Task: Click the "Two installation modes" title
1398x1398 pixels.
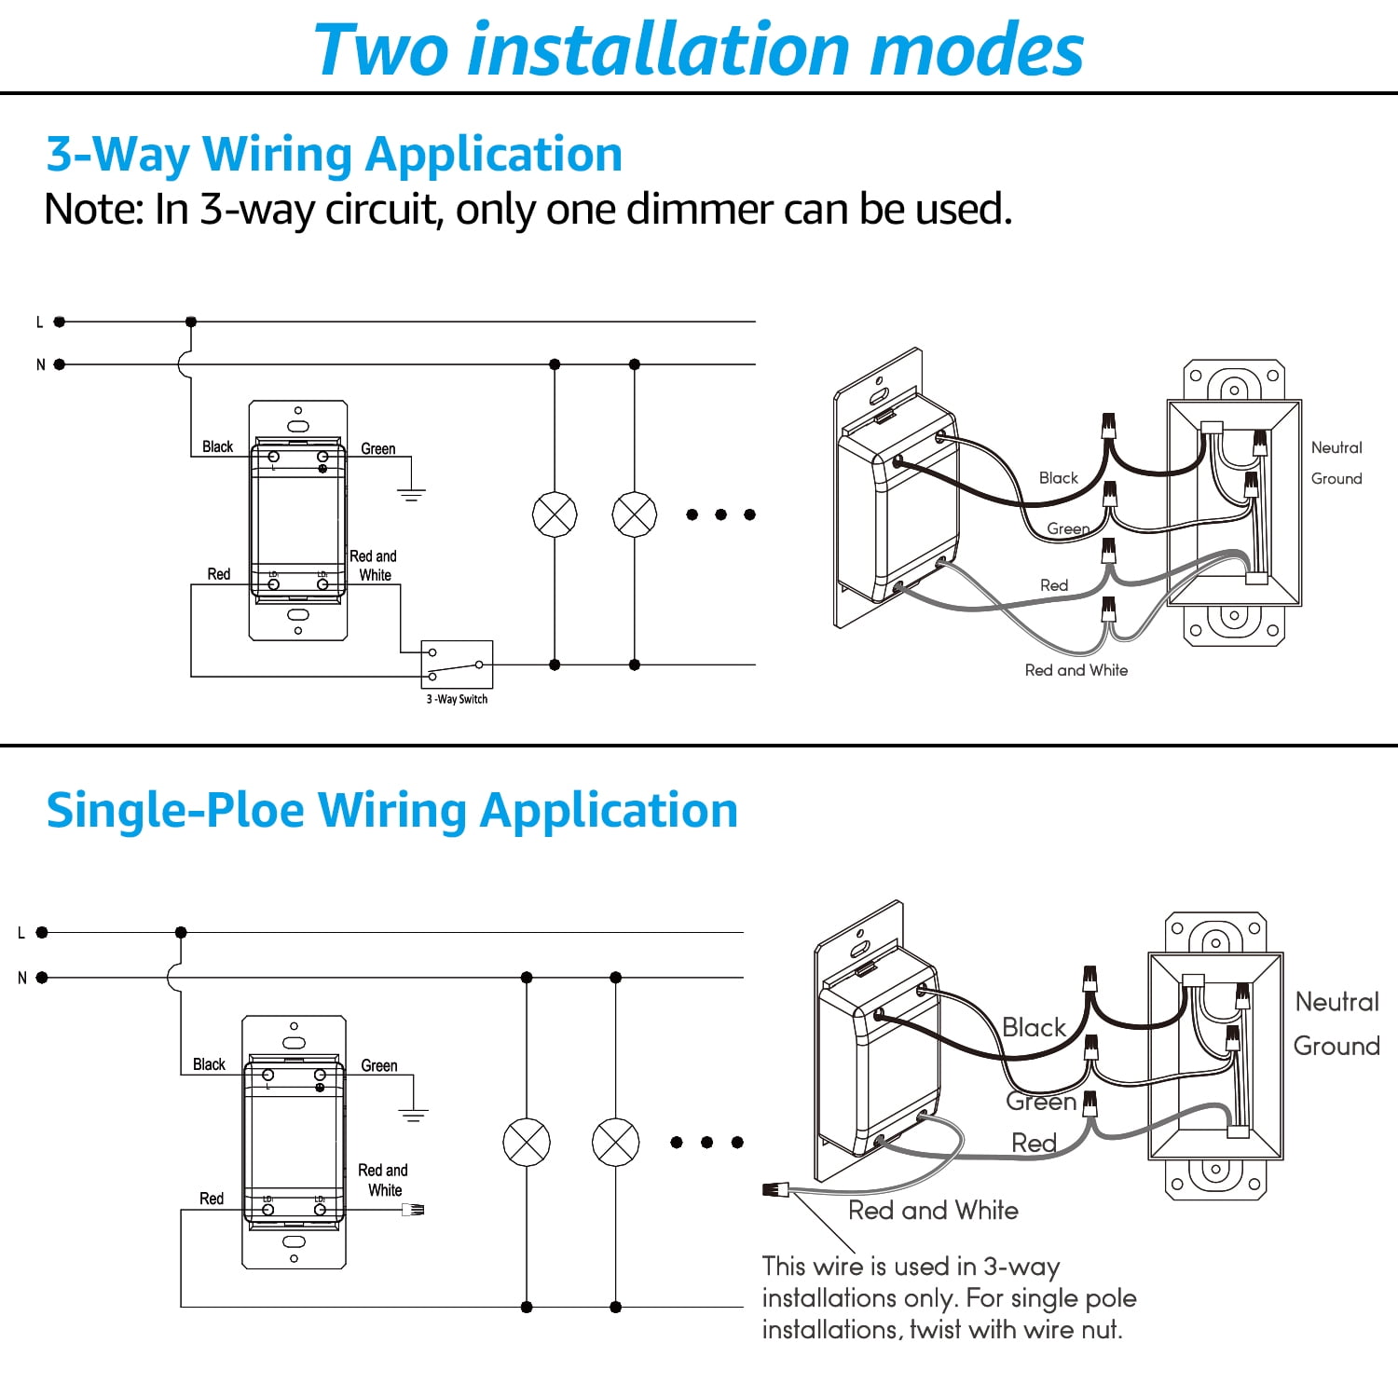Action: click(x=699, y=49)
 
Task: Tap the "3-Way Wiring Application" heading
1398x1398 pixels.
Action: click(x=335, y=155)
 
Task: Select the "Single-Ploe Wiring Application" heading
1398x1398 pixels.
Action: click(x=392, y=810)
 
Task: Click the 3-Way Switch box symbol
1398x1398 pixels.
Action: click(x=457, y=665)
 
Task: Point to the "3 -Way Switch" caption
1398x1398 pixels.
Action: click(x=457, y=699)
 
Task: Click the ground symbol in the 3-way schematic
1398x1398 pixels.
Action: click(x=411, y=494)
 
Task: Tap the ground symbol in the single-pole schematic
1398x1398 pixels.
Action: click(x=413, y=1115)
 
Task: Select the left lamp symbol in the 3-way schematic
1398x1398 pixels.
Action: click(x=555, y=514)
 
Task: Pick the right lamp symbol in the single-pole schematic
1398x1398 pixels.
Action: click(x=616, y=1143)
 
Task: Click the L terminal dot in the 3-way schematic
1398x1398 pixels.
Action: click(x=60, y=322)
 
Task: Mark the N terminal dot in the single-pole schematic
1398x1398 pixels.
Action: click(x=42, y=978)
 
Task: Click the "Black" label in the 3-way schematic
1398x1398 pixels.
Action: click(x=218, y=446)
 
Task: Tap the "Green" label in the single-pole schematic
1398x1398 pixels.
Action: click(x=379, y=1065)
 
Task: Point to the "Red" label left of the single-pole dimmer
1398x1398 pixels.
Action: click(x=212, y=1199)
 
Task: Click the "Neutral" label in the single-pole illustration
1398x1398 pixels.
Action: click(x=1337, y=1002)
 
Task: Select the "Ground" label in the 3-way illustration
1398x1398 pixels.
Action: click(x=1336, y=478)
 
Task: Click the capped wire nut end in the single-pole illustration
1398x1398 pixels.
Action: click(x=775, y=1189)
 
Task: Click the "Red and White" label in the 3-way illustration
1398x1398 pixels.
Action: click(x=1076, y=670)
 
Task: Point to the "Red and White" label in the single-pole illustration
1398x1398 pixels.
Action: click(x=933, y=1210)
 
